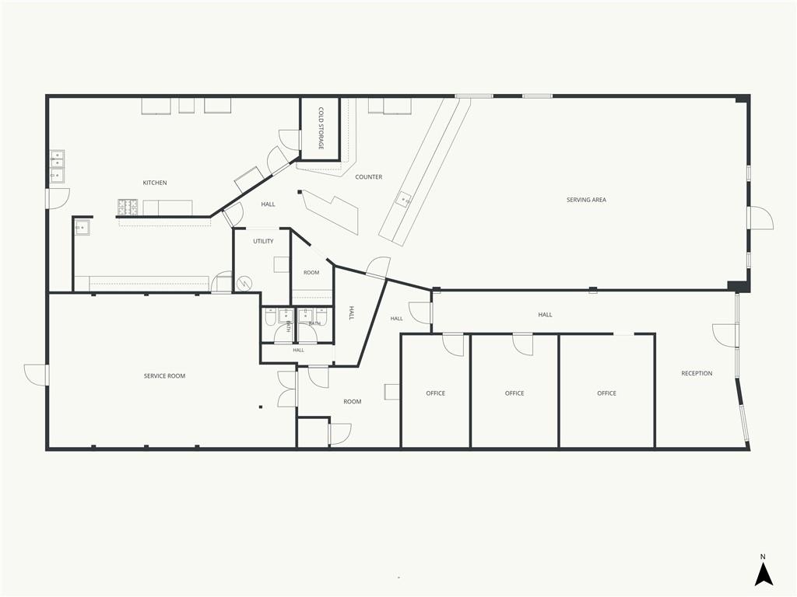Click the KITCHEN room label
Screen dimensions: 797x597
155,183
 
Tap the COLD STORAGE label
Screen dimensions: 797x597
321,128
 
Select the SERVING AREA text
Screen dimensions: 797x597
586,200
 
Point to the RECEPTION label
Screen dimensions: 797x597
697,374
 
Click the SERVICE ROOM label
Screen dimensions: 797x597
164,376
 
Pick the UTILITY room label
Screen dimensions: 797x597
263,241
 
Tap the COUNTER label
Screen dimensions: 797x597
368,177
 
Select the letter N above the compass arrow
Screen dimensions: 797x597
763,557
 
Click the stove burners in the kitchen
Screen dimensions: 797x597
128,207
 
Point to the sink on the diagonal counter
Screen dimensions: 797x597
405,199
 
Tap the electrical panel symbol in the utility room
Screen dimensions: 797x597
244,284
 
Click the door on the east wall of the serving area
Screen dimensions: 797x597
760,218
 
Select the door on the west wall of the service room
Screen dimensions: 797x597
37,375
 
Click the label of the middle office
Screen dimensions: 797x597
514,393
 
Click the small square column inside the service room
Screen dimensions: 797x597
261,407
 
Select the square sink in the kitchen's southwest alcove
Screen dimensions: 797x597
83,228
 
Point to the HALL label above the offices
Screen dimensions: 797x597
545,315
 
